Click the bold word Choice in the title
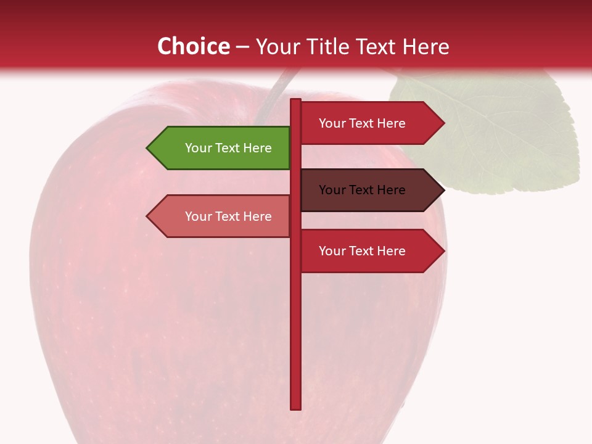pyautogui.click(x=193, y=46)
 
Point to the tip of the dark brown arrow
pyautogui.click(x=443, y=190)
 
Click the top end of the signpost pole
pyautogui.click(x=296, y=101)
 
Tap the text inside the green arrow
pyautogui.click(x=228, y=148)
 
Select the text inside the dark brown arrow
pyautogui.click(x=362, y=190)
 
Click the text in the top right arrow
pyautogui.click(x=362, y=123)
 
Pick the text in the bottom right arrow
pyautogui.click(x=362, y=251)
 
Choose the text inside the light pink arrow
pyautogui.click(x=228, y=216)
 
